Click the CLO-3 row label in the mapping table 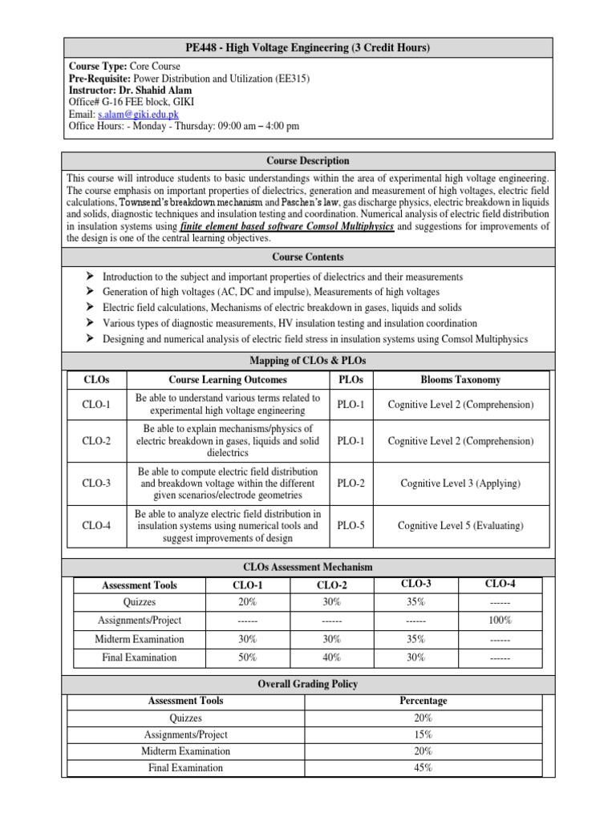[x=95, y=483]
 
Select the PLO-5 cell [x=351, y=526]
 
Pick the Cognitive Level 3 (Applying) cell [x=455, y=483]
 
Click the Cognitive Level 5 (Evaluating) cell [x=455, y=526]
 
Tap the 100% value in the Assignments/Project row [x=500, y=621]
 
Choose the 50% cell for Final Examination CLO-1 [x=247, y=657]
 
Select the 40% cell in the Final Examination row [x=331, y=657]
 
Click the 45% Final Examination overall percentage [x=423, y=768]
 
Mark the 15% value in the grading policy [x=423, y=734]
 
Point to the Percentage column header [x=423, y=701]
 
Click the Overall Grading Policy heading [x=308, y=684]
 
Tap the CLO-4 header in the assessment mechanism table [x=500, y=584]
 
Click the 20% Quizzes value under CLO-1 [x=247, y=602]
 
